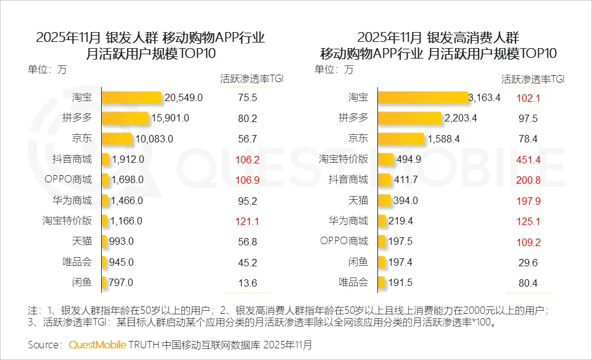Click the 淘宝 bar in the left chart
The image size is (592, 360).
[131, 97]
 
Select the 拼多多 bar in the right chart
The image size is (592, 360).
[409, 118]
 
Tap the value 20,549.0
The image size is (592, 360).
[183, 97]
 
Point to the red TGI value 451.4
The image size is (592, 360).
[528, 159]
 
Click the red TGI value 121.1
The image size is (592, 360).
[246, 221]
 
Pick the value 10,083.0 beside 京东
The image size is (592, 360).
[154, 139]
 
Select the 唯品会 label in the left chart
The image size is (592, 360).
[77, 262]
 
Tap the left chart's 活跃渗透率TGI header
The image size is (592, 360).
[252, 79]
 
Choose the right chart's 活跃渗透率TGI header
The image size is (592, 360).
[533, 79]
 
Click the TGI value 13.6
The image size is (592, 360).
[246, 283]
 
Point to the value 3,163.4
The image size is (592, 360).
[485, 97]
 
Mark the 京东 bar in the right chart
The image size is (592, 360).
[400, 139]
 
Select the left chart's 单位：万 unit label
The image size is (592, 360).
[47, 69]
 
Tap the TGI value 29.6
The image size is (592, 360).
[528, 262]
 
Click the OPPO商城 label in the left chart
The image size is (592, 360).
[68, 179]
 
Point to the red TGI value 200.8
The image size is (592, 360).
[528, 179]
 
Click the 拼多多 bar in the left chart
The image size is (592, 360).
[125, 118]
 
